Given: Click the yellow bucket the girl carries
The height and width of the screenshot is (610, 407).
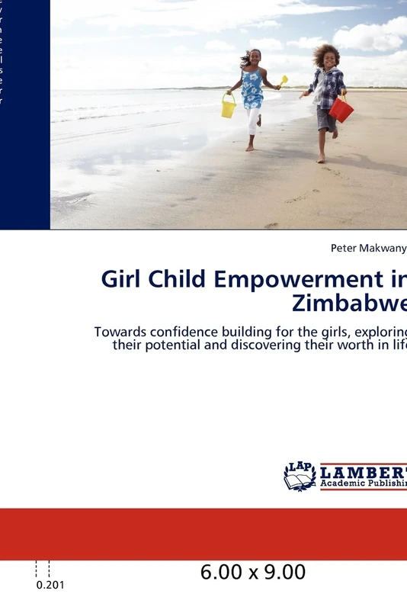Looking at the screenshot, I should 229,107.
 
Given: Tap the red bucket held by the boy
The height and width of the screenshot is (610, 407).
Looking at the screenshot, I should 341,110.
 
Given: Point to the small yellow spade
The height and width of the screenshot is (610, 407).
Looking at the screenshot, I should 284,79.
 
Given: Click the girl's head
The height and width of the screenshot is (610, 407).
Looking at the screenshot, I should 254,57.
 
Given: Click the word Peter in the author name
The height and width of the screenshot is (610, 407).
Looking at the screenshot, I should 343,248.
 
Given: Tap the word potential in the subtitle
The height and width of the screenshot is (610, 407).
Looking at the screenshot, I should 178,345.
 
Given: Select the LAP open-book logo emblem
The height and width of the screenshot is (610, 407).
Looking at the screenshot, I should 300,476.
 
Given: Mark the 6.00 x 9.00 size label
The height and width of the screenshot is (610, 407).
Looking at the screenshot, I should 253,572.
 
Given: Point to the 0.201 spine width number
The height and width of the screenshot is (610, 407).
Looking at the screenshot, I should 50,586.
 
